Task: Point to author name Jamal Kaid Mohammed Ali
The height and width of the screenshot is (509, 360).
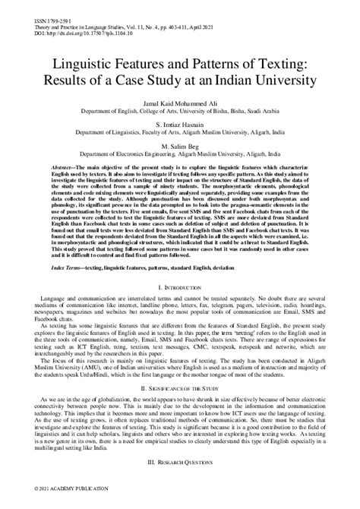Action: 179,121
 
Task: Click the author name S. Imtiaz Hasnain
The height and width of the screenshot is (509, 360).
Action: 179,144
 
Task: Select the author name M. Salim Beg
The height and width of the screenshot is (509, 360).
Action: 179,168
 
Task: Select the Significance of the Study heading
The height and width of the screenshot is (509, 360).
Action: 180,408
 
